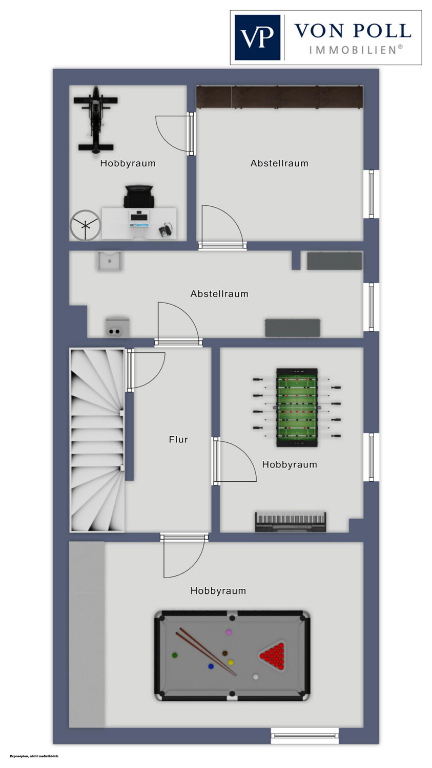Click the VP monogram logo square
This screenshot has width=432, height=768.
(x=257, y=37)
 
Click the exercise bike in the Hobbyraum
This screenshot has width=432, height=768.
(x=95, y=119)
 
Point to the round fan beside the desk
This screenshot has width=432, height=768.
(x=85, y=225)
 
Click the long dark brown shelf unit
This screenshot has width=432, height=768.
(x=279, y=97)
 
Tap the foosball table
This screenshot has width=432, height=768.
(x=297, y=408)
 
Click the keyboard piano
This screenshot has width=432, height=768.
(x=290, y=522)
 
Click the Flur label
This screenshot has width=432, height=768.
(x=178, y=439)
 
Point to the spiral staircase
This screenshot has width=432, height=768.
(x=97, y=440)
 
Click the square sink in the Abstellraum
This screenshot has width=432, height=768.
(x=110, y=261)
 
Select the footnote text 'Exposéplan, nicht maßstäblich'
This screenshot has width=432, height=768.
(x=34, y=756)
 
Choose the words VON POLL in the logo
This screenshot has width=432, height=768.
(x=353, y=31)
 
